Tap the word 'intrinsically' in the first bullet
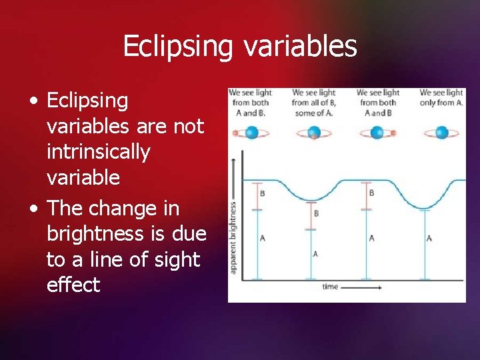click(x=98, y=152)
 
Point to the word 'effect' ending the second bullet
click(x=73, y=285)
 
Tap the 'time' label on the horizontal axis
click(x=330, y=287)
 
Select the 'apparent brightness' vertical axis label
click(x=233, y=237)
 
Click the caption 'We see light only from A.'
click(x=441, y=97)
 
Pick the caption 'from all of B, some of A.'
click(x=313, y=103)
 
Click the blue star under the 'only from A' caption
click(x=441, y=133)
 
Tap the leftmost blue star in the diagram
click(x=251, y=133)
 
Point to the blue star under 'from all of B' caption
click(x=314, y=133)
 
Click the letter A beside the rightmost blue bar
click(x=429, y=238)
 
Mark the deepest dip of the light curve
click(x=424, y=207)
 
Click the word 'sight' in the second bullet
click(x=176, y=260)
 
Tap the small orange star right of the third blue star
click(x=393, y=133)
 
